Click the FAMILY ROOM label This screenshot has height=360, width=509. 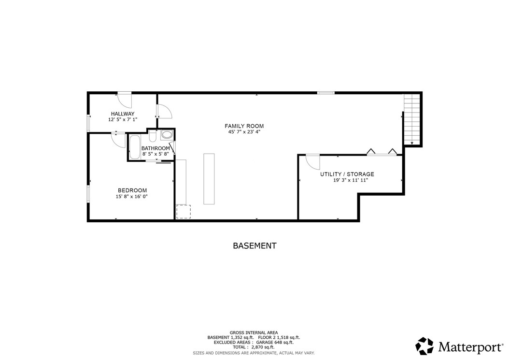[246, 126]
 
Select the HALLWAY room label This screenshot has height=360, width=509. [123, 114]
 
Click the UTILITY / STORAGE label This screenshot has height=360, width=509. [347, 174]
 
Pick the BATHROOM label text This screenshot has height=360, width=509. [155, 148]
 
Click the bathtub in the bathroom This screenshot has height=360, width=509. [135, 147]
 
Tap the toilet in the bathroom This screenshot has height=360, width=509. [153, 135]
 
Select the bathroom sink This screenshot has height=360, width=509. [167, 135]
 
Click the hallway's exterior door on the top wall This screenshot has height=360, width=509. [125, 99]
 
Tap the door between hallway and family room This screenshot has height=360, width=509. [164, 112]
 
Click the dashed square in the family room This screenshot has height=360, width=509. [183, 212]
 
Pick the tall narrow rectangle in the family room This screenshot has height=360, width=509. [209, 178]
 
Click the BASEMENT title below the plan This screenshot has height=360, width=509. [254, 245]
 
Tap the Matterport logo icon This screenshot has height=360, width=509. [425, 346]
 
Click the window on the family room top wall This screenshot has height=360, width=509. [326, 92]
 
